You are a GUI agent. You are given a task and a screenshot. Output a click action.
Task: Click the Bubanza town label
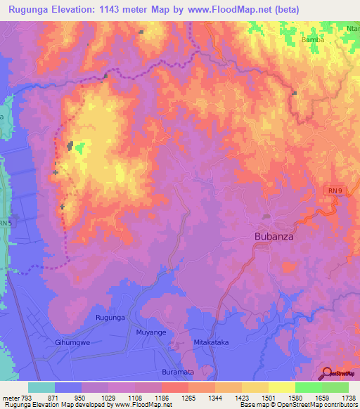[x=273, y=238]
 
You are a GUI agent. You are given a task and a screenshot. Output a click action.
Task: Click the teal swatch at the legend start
[x=41, y=387]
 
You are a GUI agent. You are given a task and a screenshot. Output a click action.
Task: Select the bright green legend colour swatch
[x=309, y=387]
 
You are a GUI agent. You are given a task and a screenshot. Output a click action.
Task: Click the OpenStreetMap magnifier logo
[x=328, y=373]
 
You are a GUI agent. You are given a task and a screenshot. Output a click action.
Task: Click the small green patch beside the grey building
[x=80, y=148]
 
